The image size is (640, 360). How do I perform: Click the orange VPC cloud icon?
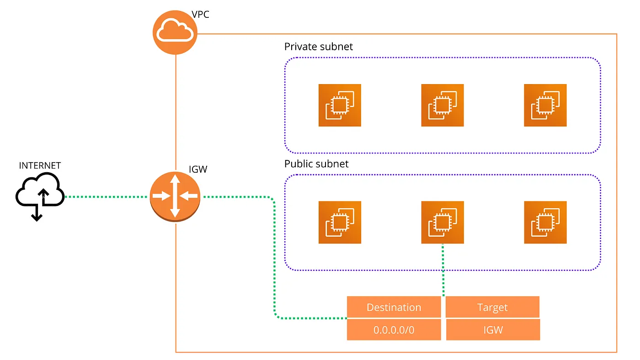pyautogui.click(x=175, y=32)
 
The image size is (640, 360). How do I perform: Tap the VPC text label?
pyautogui.click(x=201, y=15)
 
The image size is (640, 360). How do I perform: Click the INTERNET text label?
pyautogui.click(x=40, y=166)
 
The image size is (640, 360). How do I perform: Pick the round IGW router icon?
pyautogui.click(x=175, y=197)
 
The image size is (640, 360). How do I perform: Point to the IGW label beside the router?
pyautogui.click(x=198, y=169)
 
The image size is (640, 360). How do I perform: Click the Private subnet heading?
pyautogui.click(x=319, y=47)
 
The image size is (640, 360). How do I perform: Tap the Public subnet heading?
pyautogui.click(x=316, y=164)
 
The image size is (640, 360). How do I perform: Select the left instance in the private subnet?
pyautogui.click(x=340, y=105)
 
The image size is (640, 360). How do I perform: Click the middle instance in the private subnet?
pyautogui.click(x=443, y=105)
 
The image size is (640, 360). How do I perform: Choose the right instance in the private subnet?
pyautogui.click(x=545, y=105)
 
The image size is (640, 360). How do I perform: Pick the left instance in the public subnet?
pyautogui.click(x=340, y=222)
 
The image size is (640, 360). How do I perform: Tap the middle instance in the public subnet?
pyautogui.click(x=443, y=222)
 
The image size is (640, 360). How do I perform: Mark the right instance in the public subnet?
pyautogui.click(x=545, y=222)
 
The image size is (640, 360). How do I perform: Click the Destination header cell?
pyautogui.click(x=394, y=307)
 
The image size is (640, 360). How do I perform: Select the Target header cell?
pyautogui.click(x=493, y=307)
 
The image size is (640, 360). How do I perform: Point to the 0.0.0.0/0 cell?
pyautogui.click(x=394, y=330)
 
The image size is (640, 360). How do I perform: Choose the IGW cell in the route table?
pyautogui.click(x=493, y=330)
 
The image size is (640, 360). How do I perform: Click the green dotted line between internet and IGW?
pyautogui.click(x=107, y=197)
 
